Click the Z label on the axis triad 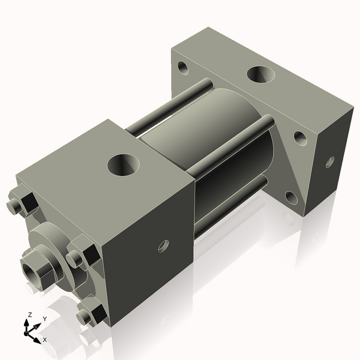pos(29,315)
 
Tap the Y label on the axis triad pos(44,319)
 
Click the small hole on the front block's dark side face pos(163,245)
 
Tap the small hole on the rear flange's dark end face pos(329,161)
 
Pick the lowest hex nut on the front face pos(90,314)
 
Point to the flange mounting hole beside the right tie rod pos(300,139)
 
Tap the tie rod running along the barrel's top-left pos(168,108)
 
